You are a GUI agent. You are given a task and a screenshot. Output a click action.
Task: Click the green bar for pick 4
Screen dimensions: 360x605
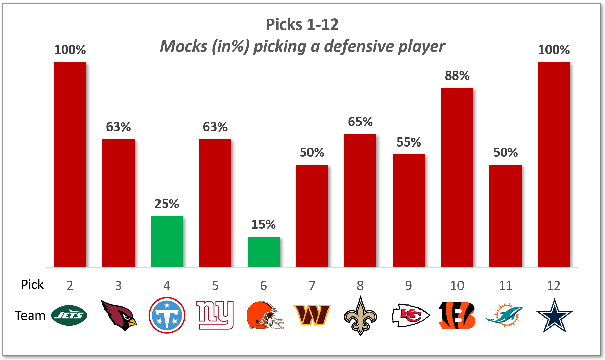click(x=167, y=241)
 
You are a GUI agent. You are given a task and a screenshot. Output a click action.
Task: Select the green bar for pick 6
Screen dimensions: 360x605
click(x=264, y=252)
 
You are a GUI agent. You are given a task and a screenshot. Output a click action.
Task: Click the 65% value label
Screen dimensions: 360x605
click(x=360, y=122)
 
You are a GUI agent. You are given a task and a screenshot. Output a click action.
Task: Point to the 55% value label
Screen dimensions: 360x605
click(x=408, y=142)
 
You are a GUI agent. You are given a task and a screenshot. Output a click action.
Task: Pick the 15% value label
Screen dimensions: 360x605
click(x=264, y=224)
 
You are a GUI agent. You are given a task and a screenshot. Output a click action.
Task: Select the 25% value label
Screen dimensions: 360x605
click(x=167, y=204)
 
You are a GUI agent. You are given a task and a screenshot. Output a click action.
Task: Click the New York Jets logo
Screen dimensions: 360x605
click(x=69, y=315)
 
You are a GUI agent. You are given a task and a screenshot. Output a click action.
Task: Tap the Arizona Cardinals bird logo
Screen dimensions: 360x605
click(x=119, y=315)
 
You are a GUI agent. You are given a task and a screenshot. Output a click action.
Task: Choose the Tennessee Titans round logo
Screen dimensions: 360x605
click(x=167, y=315)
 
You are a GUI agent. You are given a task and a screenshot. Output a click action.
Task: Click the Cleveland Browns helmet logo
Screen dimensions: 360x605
click(x=265, y=315)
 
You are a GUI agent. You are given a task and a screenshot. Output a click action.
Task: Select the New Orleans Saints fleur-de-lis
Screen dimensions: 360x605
click(x=360, y=315)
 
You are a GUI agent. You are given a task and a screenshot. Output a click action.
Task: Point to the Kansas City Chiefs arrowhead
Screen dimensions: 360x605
click(x=410, y=315)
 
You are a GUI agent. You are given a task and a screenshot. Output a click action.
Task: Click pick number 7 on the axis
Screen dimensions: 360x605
click(x=312, y=286)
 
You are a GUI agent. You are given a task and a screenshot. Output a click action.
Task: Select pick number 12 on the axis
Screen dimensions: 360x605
click(x=554, y=286)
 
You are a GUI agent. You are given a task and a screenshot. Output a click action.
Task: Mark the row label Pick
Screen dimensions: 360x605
click(x=32, y=285)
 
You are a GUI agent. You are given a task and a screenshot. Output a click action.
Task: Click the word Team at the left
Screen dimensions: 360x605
click(x=30, y=316)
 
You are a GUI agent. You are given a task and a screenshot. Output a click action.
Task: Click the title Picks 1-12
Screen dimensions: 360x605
click(x=302, y=24)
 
